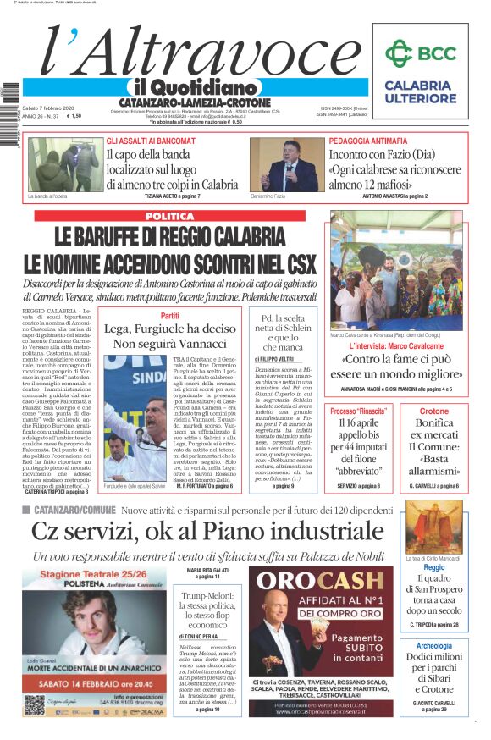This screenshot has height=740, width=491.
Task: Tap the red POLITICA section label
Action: [x=168, y=216]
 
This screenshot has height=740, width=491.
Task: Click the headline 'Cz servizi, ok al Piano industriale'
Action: [x=207, y=532]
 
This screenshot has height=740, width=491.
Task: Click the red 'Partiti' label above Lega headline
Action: [x=169, y=315]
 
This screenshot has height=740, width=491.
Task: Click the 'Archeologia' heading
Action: [x=434, y=645]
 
